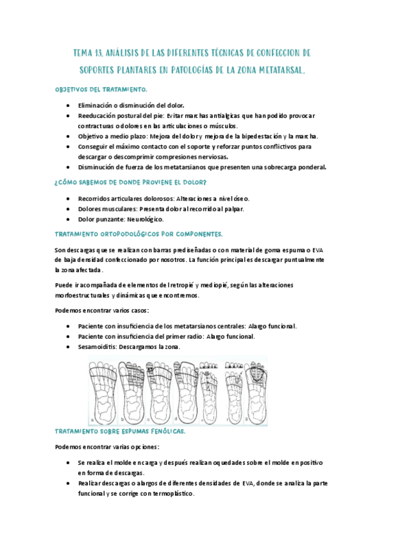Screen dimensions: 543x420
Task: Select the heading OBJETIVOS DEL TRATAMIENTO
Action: click(x=102, y=90)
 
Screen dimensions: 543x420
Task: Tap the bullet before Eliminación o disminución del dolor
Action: click(x=69, y=104)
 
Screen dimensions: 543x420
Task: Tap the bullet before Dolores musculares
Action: click(x=69, y=209)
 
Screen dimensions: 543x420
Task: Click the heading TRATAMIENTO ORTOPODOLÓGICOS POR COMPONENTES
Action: click(x=139, y=234)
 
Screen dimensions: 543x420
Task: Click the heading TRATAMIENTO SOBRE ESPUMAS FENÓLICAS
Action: click(x=121, y=432)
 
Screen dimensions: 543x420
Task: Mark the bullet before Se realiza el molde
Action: click(x=69, y=462)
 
